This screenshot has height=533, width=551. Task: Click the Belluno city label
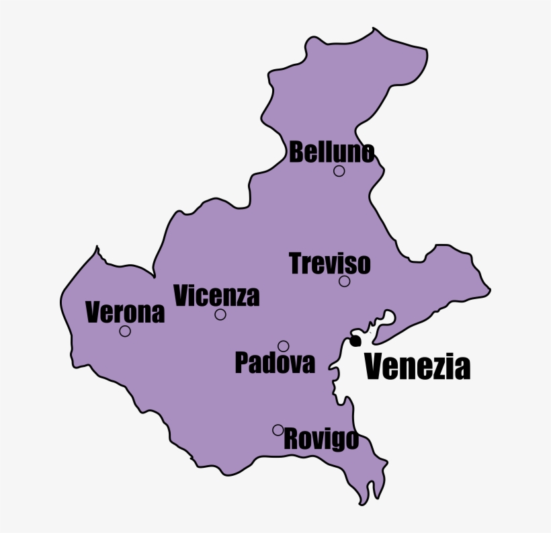click(331, 153)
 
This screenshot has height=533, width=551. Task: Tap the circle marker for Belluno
click(339, 171)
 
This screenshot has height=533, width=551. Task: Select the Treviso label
click(329, 263)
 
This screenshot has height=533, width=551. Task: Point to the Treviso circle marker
click(345, 281)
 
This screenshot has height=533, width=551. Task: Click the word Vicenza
click(216, 296)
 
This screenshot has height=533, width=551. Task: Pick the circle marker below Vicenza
click(220, 315)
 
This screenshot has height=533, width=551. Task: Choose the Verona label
click(126, 313)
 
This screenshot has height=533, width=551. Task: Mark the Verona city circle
click(125, 331)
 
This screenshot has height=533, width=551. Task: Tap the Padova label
click(275, 363)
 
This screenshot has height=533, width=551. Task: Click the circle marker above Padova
click(284, 346)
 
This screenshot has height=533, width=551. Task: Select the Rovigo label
click(321, 440)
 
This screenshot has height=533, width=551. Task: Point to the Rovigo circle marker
click(278, 429)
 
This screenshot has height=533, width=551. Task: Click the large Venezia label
click(417, 367)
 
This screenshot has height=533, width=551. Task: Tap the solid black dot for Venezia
click(355, 341)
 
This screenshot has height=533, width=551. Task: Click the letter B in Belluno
click(297, 153)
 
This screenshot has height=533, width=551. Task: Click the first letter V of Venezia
click(375, 367)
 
